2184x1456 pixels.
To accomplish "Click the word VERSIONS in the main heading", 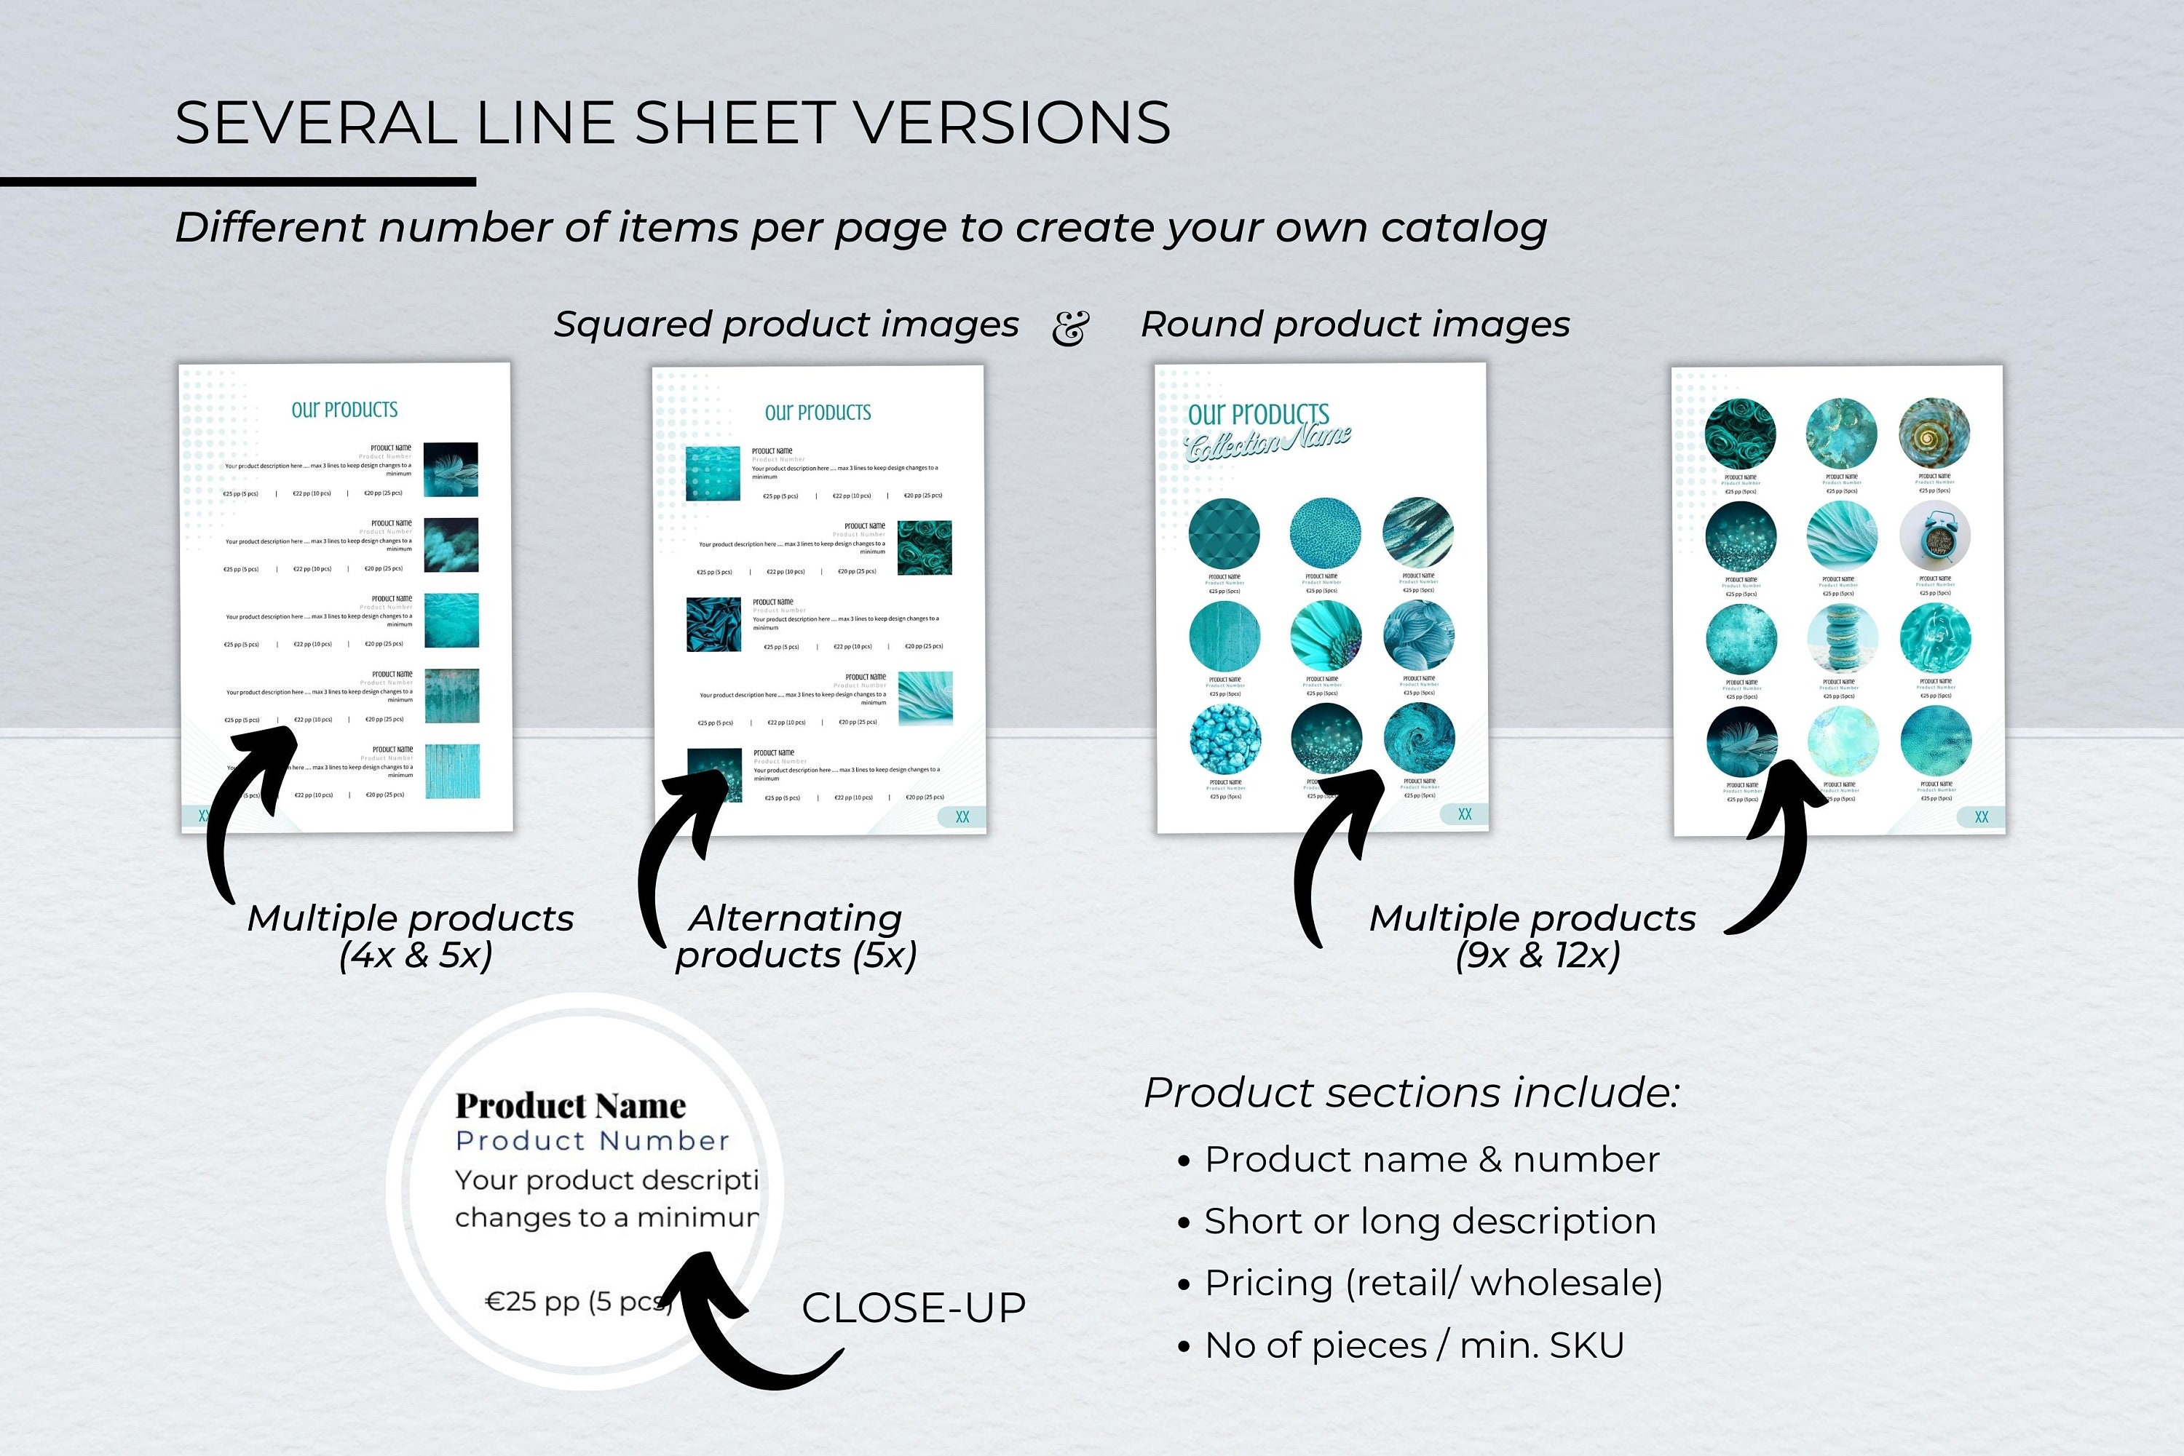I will (x=1010, y=124).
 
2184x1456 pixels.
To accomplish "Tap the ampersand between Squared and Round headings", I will (x=1070, y=327).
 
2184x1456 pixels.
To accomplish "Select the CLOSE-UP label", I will (x=913, y=1308).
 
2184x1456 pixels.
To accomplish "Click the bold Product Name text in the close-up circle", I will (x=570, y=1106).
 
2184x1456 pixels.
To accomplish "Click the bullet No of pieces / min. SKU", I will (x=1413, y=1345).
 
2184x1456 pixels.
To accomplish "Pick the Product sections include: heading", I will (x=1411, y=1093).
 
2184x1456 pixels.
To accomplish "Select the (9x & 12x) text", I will (x=1538, y=955).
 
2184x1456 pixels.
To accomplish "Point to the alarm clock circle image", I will (x=1935, y=536).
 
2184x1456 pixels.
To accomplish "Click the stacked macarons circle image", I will (x=1842, y=638).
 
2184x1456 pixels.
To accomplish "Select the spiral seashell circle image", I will (x=1934, y=433).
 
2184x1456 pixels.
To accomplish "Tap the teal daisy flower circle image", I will (x=1326, y=636).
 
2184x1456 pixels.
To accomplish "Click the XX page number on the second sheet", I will (x=962, y=817).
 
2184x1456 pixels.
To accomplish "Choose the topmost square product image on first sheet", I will (x=451, y=470).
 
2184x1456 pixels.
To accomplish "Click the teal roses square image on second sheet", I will (x=925, y=548).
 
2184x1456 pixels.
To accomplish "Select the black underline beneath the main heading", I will (x=238, y=182).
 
